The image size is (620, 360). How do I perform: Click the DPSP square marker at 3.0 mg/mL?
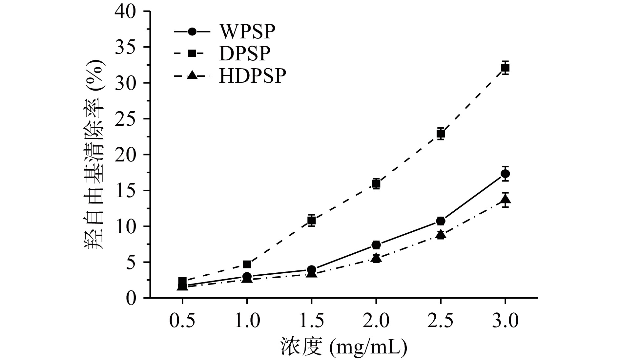pyautogui.click(x=505, y=68)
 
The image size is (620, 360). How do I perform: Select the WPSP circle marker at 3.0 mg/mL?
pyautogui.click(x=505, y=174)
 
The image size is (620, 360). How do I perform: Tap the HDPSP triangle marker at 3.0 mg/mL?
pyautogui.click(x=505, y=199)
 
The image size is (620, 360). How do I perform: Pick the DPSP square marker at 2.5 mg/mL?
pyautogui.click(x=441, y=134)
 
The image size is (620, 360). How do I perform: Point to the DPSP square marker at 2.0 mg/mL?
pyautogui.click(x=376, y=184)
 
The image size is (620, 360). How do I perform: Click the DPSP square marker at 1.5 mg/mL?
pyautogui.click(x=311, y=220)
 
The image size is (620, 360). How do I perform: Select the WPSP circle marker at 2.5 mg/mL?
pyautogui.click(x=441, y=221)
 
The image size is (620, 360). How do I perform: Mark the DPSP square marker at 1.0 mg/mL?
pyautogui.click(x=247, y=264)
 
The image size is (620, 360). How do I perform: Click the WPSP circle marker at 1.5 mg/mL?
pyautogui.click(x=311, y=270)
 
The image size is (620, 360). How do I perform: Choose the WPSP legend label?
pyautogui.click(x=247, y=32)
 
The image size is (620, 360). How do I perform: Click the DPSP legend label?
pyautogui.click(x=245, y=53)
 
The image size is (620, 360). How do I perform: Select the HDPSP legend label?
pyautogui.click(x=252, y=76)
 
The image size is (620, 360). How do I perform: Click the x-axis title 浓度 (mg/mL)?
pyautogui.click(x=343, y=347)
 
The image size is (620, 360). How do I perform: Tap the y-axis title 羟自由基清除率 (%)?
pyautogui.click(x=95, y=154)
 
